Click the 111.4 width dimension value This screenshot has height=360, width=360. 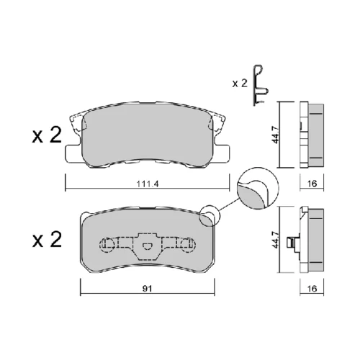148,184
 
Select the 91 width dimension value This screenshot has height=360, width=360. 147,289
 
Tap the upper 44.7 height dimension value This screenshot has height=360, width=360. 276,135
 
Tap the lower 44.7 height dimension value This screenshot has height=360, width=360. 276,240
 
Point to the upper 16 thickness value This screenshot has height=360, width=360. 312,184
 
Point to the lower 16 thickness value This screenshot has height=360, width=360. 312,289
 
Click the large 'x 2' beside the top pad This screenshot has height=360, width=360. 47,135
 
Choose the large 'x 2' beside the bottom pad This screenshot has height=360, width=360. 47,240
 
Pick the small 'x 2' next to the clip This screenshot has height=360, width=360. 240,84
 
